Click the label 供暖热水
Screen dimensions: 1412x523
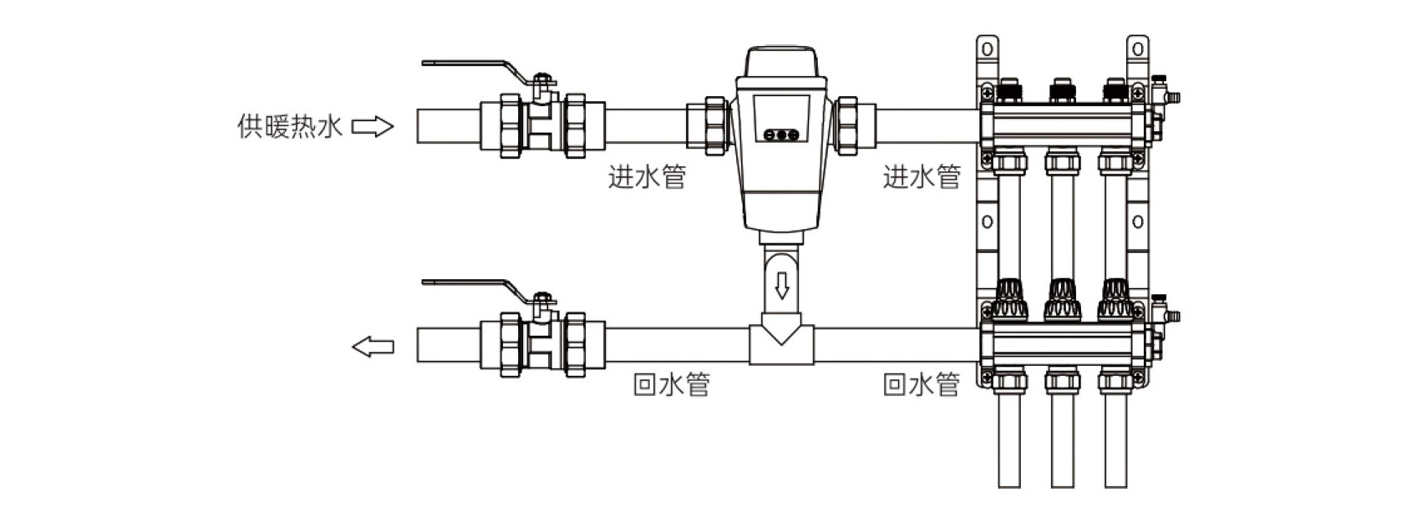[x=289, y=127]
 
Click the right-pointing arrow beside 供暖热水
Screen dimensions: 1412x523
[x=373, y=127]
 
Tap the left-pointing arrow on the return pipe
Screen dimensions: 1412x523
[x=373, y=347]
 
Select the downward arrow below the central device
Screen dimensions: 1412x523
[x=782, y=286]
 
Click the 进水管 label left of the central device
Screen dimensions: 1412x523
[x=647, y=177]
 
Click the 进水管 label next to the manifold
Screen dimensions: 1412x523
[x=922, y=177]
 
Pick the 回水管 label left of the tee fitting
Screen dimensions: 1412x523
[x=672, y=384]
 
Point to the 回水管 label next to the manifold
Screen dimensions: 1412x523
[x=922, y=384]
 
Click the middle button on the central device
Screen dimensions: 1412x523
[x=782, y=135]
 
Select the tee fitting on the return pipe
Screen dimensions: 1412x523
[x=782, y=344]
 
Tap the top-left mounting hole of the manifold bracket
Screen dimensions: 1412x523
[x=987, y=49]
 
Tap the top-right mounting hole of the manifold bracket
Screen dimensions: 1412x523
[x=1137, y=49]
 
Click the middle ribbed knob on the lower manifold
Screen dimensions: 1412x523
[x=1063, y=299]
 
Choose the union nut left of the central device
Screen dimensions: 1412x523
[x=716, y=126]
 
